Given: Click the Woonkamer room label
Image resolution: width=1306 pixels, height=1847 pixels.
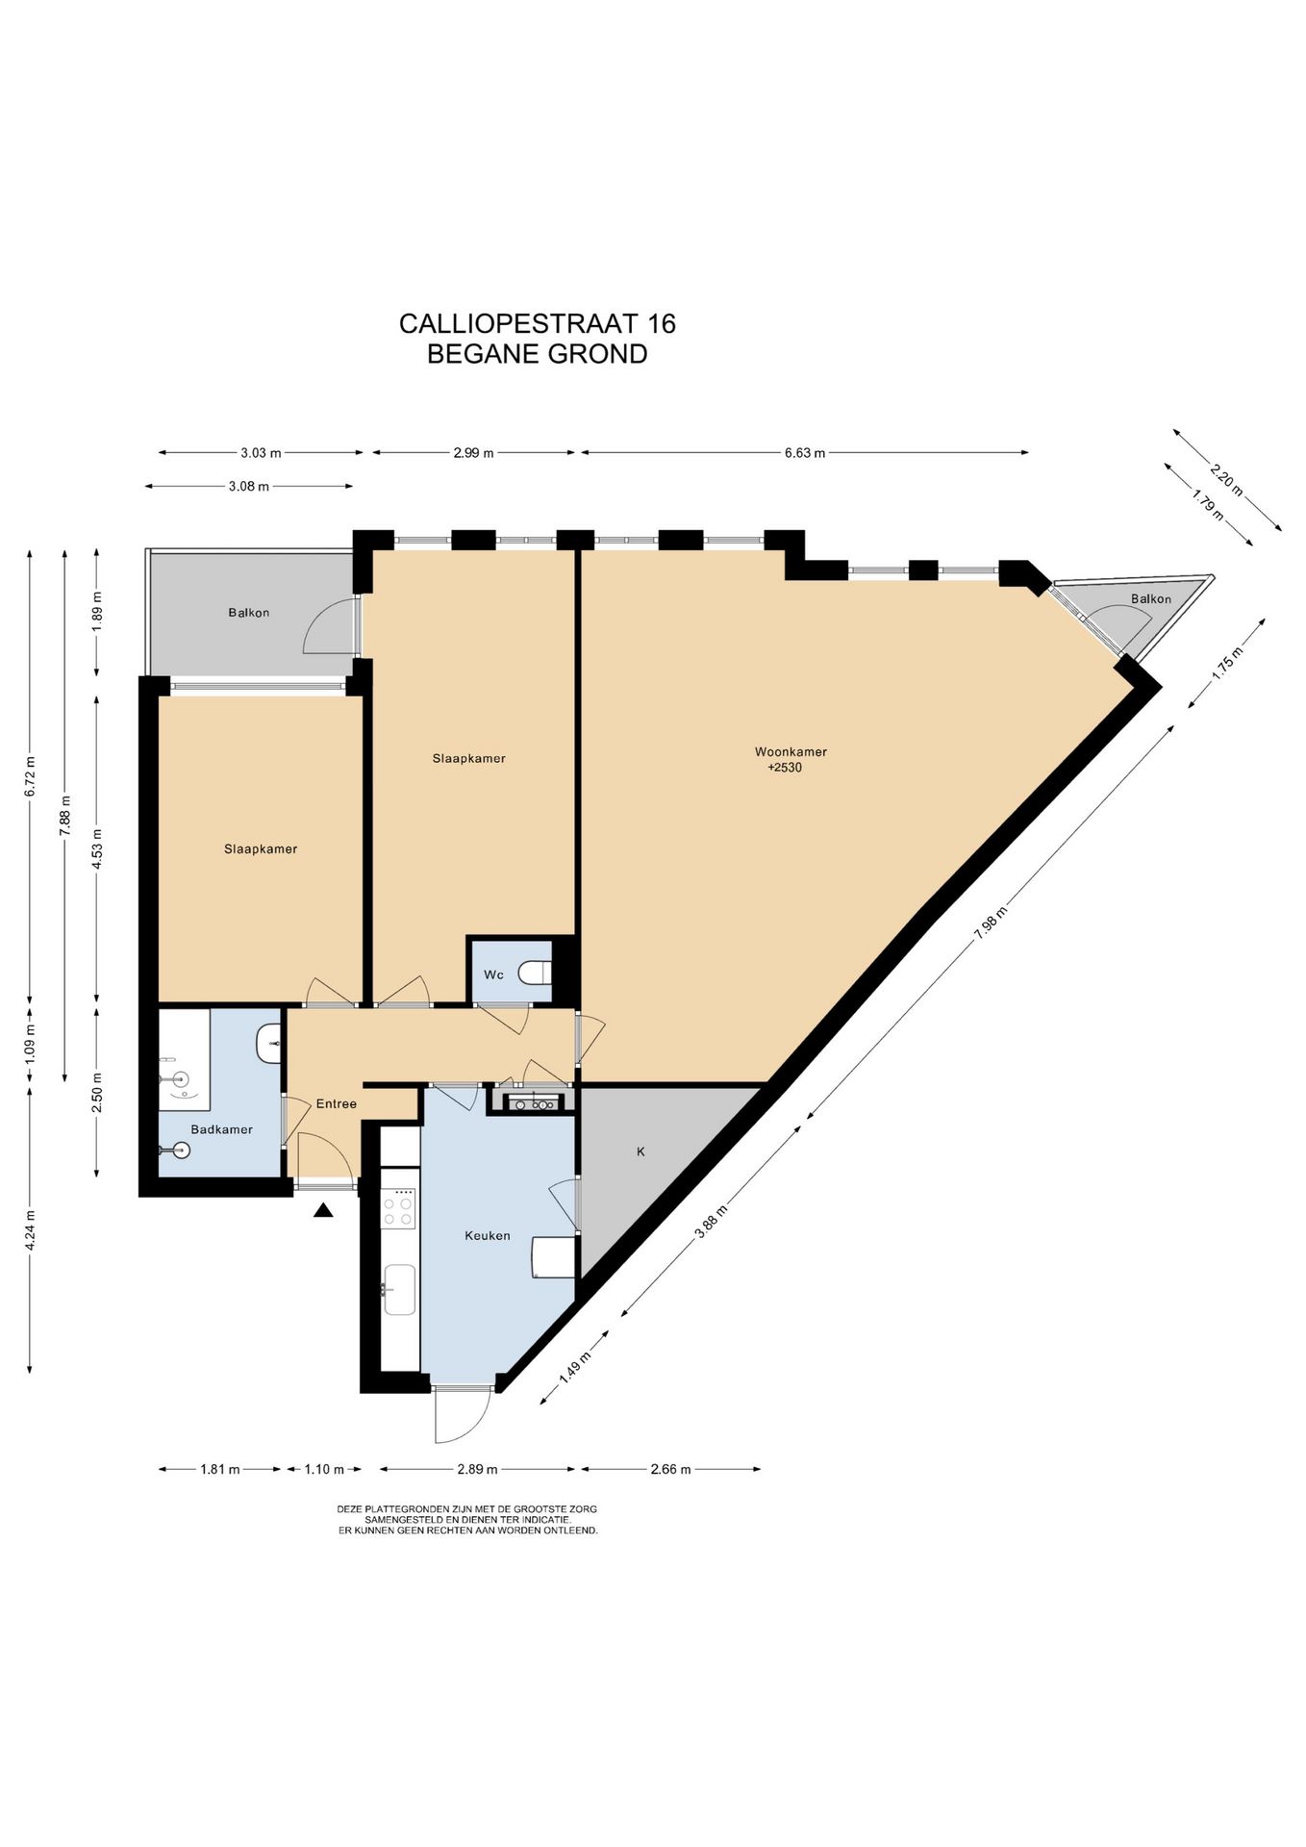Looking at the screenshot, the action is [791, 752].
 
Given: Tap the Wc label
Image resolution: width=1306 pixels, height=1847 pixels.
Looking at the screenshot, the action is [493, 974].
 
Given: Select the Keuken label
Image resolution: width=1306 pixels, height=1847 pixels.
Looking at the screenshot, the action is [488, 1235].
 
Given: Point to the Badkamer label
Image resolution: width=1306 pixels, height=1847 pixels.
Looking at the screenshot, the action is [221, 1129].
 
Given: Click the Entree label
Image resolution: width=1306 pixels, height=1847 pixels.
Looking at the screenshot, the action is [337, 1103].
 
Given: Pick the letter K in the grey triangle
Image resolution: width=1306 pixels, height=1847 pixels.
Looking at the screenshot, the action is [640, 1151].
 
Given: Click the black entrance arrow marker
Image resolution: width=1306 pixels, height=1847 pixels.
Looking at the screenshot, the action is [323, 1211].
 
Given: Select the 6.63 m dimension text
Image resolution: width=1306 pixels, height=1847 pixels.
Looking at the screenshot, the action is [805, 453].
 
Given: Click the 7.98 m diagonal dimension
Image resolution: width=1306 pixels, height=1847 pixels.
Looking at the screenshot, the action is [991, 922].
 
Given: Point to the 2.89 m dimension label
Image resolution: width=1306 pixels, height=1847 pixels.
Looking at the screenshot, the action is [477, 1469].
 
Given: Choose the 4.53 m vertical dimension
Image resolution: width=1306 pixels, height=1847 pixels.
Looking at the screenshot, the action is [96, 848].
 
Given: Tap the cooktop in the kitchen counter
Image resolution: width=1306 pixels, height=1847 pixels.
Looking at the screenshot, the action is [399, 1208].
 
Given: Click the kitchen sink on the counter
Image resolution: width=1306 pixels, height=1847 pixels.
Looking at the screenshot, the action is [399, 1289].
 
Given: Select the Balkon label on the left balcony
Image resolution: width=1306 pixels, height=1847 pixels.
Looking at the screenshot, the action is [249, 613].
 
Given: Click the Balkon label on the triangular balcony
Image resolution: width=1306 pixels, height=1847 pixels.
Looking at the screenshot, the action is [1151, 599].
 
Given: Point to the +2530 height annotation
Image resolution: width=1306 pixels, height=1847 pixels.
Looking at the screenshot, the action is [785, 768].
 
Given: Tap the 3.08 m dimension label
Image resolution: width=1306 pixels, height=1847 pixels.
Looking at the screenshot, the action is [248, 487].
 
